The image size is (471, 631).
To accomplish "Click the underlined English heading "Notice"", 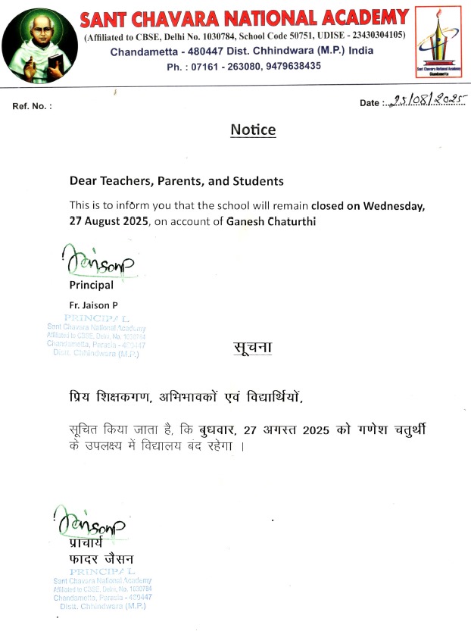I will [x=253, y=130].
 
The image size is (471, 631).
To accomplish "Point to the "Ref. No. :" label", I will [x=33, y=106].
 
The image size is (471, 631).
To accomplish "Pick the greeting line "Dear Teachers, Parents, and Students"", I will [x=176, y=181].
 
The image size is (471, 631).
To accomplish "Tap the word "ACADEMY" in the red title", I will [x=362, y=17].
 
